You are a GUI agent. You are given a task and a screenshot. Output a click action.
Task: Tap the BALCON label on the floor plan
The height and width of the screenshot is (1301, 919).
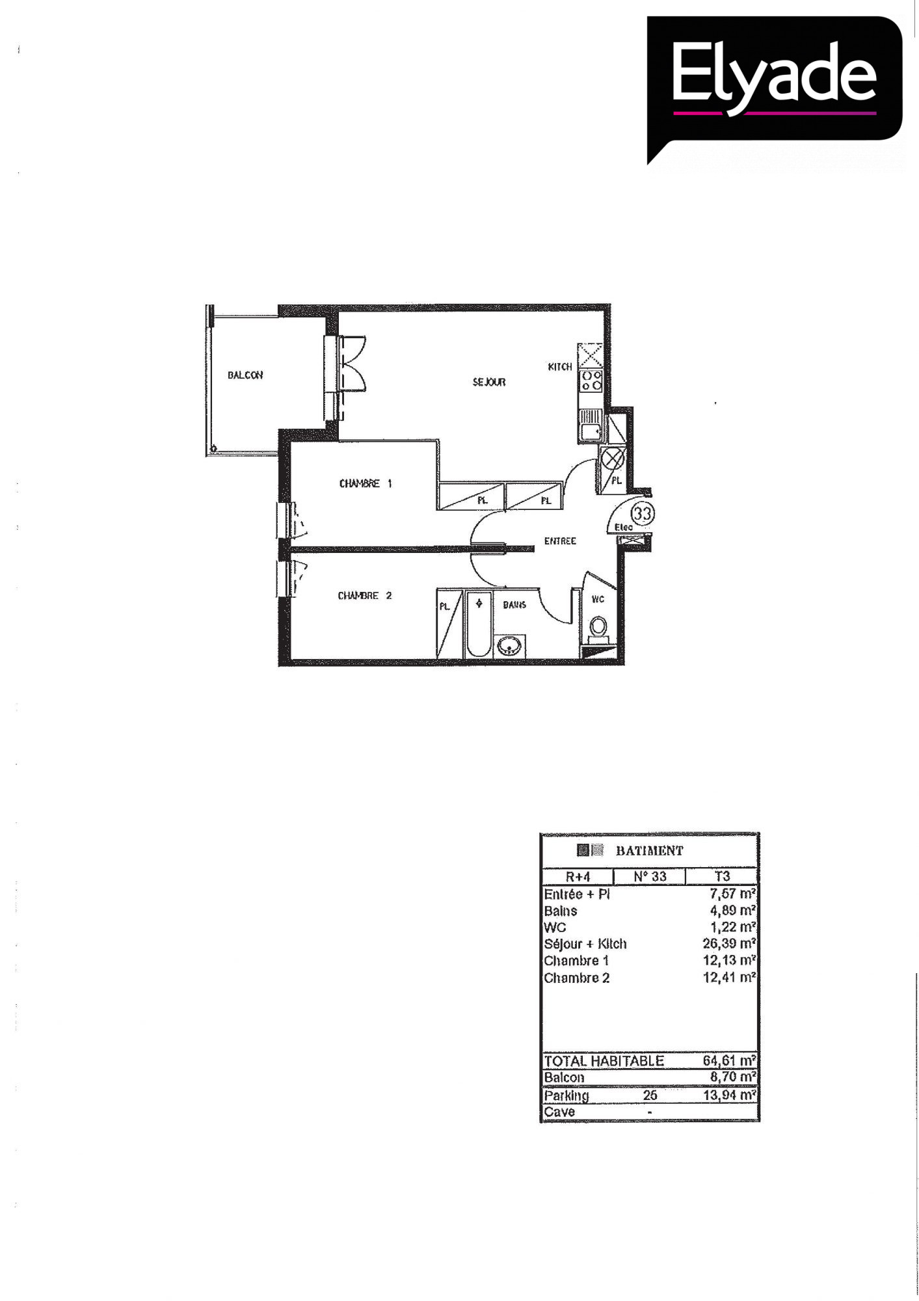(x=245, y=375)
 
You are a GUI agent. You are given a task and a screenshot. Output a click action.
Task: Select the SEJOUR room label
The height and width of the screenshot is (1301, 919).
(x=489, y=382)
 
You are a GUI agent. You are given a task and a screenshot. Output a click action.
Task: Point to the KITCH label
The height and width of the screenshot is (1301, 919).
(x=560, y=367)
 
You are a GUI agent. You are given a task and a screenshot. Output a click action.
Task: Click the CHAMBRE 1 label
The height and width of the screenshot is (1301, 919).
(x=366, y=483)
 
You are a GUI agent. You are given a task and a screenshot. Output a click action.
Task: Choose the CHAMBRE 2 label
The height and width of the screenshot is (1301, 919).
(x=365, y=595)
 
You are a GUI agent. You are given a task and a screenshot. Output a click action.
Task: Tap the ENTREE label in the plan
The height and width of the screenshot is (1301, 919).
(x=560, y=541)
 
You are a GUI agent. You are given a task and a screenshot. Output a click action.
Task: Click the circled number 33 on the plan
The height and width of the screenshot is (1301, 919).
(x=643, y=513)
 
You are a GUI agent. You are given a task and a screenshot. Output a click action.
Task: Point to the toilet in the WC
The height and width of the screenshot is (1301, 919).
(x=598, y=628)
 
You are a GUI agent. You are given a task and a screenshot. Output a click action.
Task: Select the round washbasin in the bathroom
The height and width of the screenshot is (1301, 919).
(x=509, y=645)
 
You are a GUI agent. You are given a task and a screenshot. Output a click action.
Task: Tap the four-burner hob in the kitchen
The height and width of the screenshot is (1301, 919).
(x=591, y=381)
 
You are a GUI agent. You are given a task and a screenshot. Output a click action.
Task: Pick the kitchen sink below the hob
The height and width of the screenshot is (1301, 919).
(x=591, y=425)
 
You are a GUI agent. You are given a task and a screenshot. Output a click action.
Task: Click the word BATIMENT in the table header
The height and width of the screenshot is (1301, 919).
(x=650, y=850)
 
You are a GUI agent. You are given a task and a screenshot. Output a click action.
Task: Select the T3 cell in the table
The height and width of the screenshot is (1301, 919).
(x=722, y=876)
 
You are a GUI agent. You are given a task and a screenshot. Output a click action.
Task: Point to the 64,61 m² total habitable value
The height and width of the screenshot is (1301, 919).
(x=729, y=1061)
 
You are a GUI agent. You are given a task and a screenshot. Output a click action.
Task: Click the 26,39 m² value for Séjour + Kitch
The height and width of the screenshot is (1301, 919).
(x=729, y=943)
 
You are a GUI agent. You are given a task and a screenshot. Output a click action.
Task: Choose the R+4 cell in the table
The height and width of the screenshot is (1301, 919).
(x=578, y=876)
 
